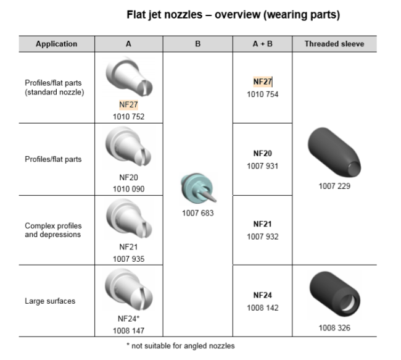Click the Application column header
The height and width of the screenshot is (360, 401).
pyautogui.click(x=56, y=44)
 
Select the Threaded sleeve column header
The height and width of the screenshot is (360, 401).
pyautogui.click(x=334, y=44)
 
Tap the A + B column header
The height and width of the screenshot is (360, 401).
pyautogui.click(x=262, y=44)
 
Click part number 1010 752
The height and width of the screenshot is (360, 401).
pyautogui.click(x=129, y=117)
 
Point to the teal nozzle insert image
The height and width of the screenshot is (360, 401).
pyautogui.click(x=198, y=188)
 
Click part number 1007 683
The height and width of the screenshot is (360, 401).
pyautogui.click(x=197, y=213)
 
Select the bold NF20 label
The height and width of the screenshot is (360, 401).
pyautogui.click(x=262, y=153)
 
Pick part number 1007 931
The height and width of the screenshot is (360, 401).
pyautogui.click(x=262, y=166)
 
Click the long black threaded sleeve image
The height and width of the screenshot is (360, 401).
pyautogui.click(x=334, y=152)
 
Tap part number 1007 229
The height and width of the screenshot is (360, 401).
pyautogui.click(x=334, y=186)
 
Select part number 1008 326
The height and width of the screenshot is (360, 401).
pyautogui.click(x=334, y=328)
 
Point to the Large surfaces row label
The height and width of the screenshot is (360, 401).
pyautogui.click(x=50, y=301)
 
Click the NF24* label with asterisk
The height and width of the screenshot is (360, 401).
pyautogui.click(x=129, y=319)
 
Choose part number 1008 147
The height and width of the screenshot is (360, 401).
pyautogui.click(x=129, y=330)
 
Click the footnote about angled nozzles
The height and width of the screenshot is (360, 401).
pyautogui.click(x=181, y=346)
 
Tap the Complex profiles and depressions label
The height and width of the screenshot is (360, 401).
pyautogui.click(x=53, y=230)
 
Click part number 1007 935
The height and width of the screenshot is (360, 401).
pyautogui.click(x=129, y=259)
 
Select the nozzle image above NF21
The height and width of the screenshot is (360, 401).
pyautogui.click(x=129, y=219)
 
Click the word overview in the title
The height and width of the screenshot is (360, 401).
pyautogui.click(x=238, y=15)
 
